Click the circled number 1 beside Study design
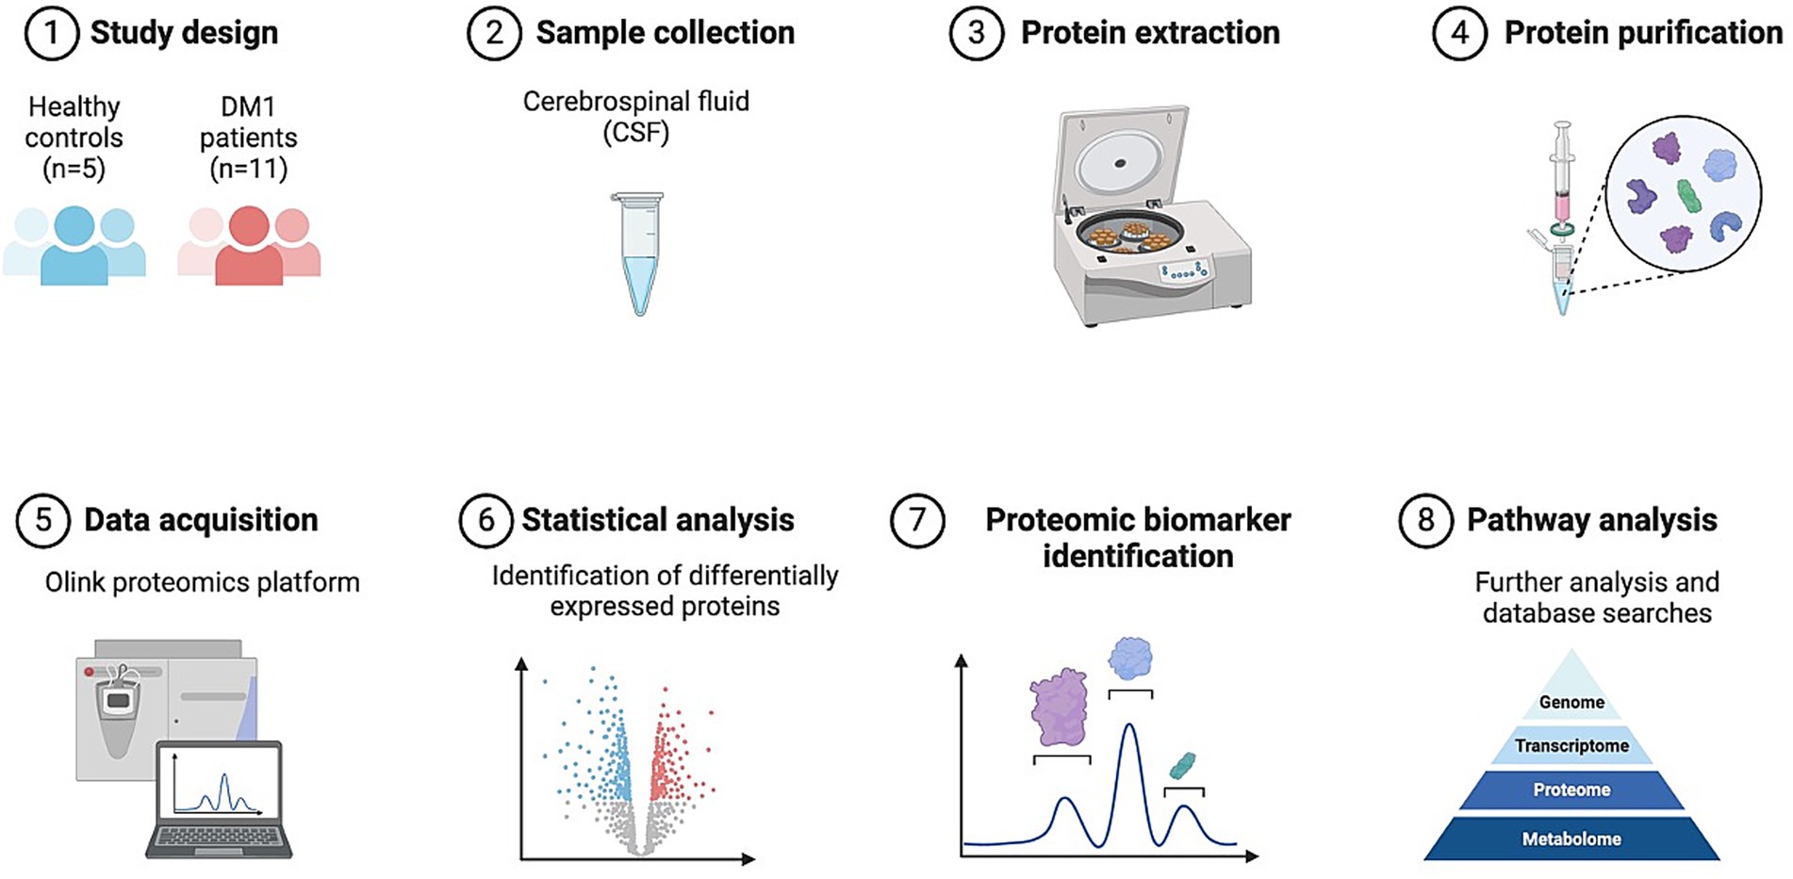click(51, 33)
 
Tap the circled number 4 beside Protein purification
click(1459, 33)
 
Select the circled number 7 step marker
click(917, 520)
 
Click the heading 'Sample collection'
click(665, 33)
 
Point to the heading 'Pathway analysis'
click(1591, 520)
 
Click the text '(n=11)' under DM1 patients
click(248, 169)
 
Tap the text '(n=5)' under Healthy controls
click(74, 169)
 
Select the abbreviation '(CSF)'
click(636, 132)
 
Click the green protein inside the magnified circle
click(1687, 197)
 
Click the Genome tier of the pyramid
click(1571, 702)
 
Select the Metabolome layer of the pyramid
click(1571, 838)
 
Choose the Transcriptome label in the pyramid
click(1571, 745)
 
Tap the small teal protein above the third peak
click(1182, 765)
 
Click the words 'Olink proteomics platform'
click(203, 582)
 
